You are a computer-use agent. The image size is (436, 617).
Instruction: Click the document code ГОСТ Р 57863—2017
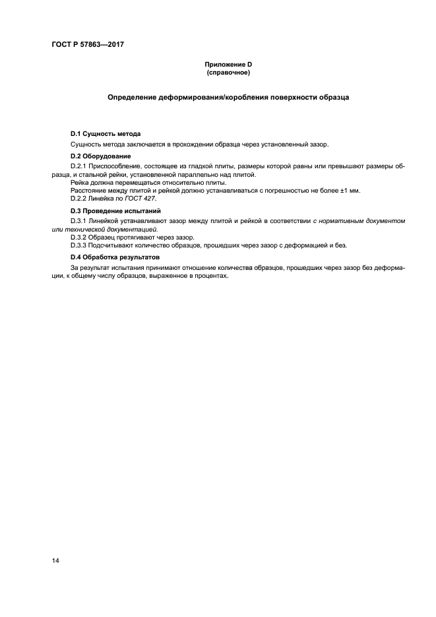(88, 44)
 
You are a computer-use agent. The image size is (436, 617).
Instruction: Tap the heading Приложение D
(228, 65)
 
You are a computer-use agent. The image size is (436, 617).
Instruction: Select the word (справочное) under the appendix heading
(228, 73)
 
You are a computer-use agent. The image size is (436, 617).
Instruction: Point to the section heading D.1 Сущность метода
(106, 134)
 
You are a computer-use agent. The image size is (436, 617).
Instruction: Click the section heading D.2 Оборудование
(100, 156)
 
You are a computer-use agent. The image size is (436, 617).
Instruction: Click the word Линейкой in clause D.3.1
(110, 220)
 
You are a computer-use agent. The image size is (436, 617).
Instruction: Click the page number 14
(55, 561)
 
